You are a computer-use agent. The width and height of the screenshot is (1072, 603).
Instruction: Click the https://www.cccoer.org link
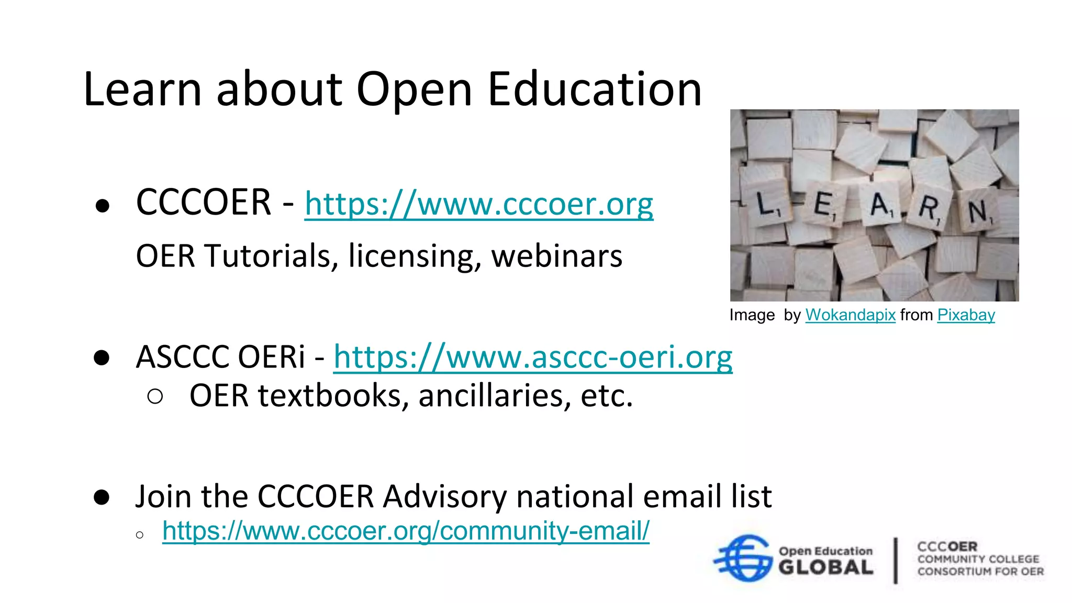(x=478, y=204)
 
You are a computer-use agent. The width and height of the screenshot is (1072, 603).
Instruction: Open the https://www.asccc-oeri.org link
(x=532, y=358)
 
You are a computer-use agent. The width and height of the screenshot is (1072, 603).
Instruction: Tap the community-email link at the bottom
(x=406, y=531)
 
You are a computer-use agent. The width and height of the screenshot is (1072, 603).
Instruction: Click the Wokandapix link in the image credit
(x=850, y=315)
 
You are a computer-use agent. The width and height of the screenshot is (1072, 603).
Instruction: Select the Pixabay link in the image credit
(x=966, y=315)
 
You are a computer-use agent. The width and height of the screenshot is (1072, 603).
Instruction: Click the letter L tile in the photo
(x=767, y=204)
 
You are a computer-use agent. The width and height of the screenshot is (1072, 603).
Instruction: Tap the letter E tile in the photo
(x=825, y=205)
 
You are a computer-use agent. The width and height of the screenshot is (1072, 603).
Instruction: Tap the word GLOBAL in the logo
(x=825, y=567)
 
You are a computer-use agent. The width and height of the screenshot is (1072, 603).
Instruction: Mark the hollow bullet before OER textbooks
(x=155, y=397)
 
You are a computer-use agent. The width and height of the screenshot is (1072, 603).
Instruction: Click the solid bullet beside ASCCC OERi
(x=102, y=358)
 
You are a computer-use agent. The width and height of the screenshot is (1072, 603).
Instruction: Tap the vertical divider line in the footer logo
(x=896, y=560)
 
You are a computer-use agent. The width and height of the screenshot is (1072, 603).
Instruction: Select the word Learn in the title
(x=142, y=90)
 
